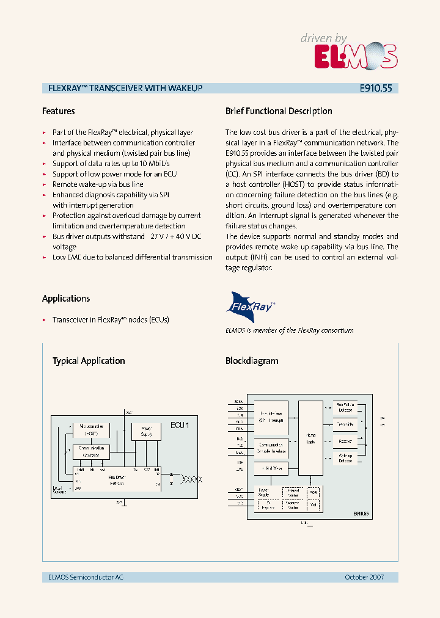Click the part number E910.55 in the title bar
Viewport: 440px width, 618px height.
[376, 88]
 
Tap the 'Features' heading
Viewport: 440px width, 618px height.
[58, 111]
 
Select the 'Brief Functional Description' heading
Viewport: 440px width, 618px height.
[279, 111]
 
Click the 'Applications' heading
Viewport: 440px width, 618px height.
[66, 299]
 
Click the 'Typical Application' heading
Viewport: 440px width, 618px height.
[89, 361]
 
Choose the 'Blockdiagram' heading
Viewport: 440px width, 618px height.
[252, 361]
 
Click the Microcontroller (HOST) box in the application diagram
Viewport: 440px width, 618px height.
[91, 429]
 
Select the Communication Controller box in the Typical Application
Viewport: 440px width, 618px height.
[91, 451]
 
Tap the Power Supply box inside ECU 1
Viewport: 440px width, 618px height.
[147, 431]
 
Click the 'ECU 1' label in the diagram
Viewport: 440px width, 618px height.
[180, 425]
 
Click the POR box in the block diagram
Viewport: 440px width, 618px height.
[313, 492]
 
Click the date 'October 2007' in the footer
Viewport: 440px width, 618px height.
[364, 577]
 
